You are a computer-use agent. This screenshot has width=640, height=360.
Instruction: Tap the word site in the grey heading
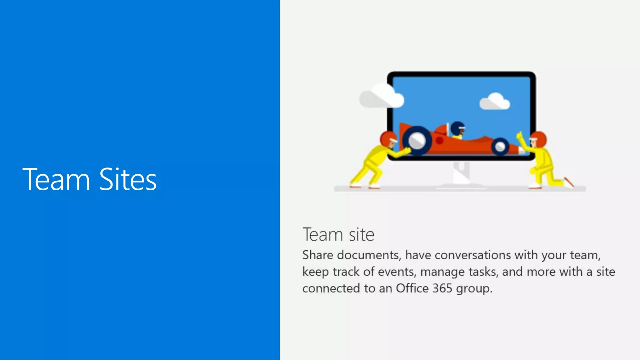(362, 235)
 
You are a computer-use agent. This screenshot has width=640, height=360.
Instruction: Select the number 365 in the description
(442, 288)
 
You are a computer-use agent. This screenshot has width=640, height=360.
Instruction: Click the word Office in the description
(412, 288)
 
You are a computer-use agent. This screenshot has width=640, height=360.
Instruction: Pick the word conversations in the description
(472, 255)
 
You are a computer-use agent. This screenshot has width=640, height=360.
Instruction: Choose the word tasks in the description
(483, 272)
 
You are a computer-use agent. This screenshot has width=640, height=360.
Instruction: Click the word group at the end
(474, 289)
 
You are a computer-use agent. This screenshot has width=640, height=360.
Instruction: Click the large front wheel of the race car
(417, 141)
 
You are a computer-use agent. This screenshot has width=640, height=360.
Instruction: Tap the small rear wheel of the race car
(500, 147)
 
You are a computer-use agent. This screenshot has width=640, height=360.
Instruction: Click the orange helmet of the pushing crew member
(388, 138)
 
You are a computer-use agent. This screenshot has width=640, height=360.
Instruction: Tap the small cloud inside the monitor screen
(495, 102)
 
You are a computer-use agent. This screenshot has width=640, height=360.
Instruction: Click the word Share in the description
(317, 255)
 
